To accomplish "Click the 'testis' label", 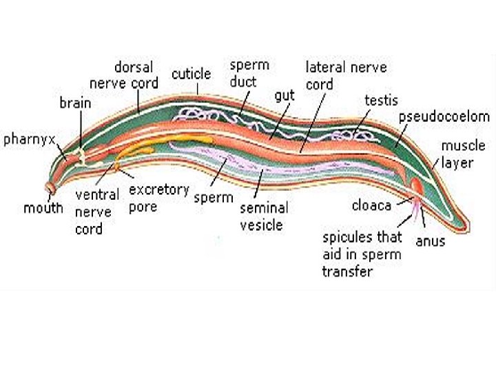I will (381, 101).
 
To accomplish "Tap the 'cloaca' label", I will (371, 206).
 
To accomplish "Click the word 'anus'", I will (431, 241).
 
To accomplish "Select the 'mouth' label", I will (43, 207).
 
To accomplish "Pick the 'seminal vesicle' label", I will (264, 216).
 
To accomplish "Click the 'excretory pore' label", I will (158, 198).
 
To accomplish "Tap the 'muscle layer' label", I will (463, 153).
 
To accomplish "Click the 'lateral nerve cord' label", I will (346, 76).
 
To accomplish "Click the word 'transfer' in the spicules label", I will (347, 271).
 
